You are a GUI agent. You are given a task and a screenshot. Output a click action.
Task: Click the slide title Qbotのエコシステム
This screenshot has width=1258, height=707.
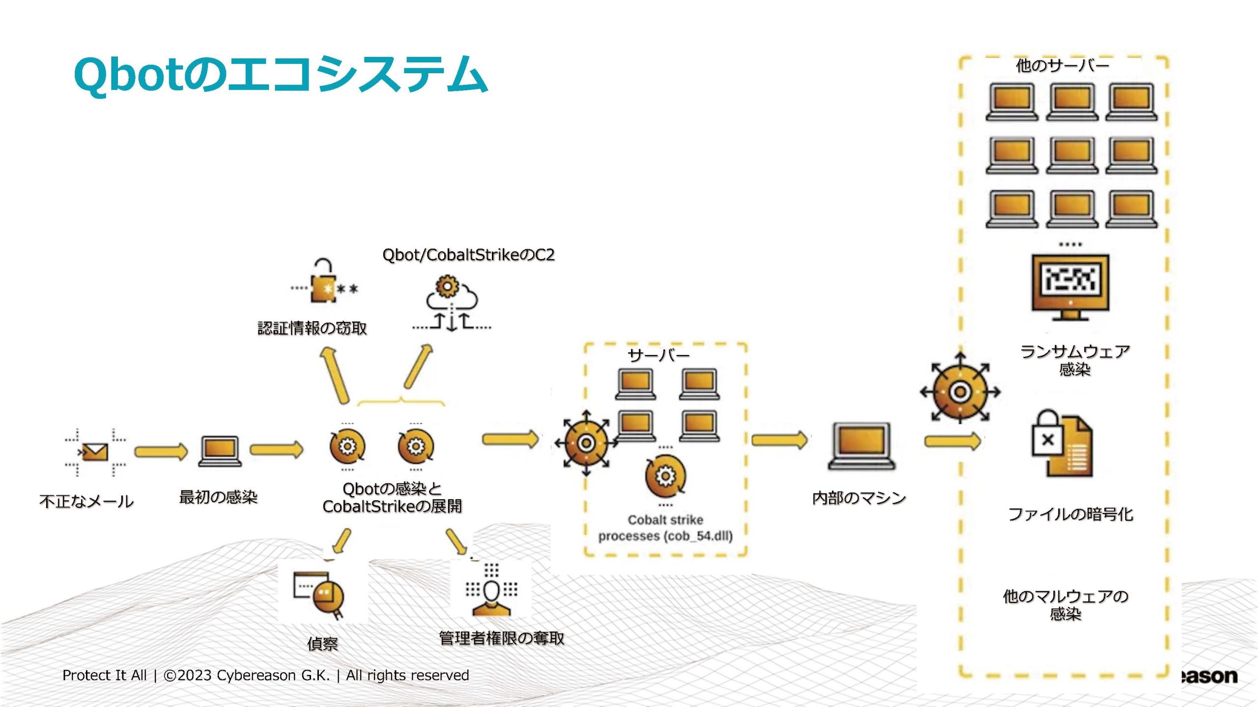(281, 75)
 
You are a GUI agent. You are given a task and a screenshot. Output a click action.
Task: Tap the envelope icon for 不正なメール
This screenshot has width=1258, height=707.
(95, 452)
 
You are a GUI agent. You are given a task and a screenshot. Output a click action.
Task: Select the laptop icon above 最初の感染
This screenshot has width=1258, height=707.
(220, 451)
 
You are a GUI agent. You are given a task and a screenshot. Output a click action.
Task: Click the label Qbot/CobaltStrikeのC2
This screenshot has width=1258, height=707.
(468, 255)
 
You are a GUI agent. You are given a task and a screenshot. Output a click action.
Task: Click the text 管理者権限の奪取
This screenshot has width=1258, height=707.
(501, 638)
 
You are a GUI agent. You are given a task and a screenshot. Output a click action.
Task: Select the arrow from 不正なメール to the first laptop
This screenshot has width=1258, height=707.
(161, 452)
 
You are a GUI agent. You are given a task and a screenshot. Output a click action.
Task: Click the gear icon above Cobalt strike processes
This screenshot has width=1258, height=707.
(665, 476)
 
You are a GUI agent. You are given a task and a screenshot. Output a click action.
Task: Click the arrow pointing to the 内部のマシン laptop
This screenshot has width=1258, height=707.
(779, 440)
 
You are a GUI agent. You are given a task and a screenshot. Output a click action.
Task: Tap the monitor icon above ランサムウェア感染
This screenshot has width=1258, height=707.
(1070, 287)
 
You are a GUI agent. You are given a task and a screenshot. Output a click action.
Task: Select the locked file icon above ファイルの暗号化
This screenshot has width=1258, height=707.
(1061, 444)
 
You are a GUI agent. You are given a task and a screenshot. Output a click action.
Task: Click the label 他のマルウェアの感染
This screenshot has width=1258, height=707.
(1065, 605)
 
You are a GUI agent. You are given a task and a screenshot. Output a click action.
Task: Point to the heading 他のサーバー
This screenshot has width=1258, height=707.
(1062, 66)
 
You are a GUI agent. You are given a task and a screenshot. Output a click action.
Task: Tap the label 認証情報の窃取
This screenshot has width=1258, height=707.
(313, 328)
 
